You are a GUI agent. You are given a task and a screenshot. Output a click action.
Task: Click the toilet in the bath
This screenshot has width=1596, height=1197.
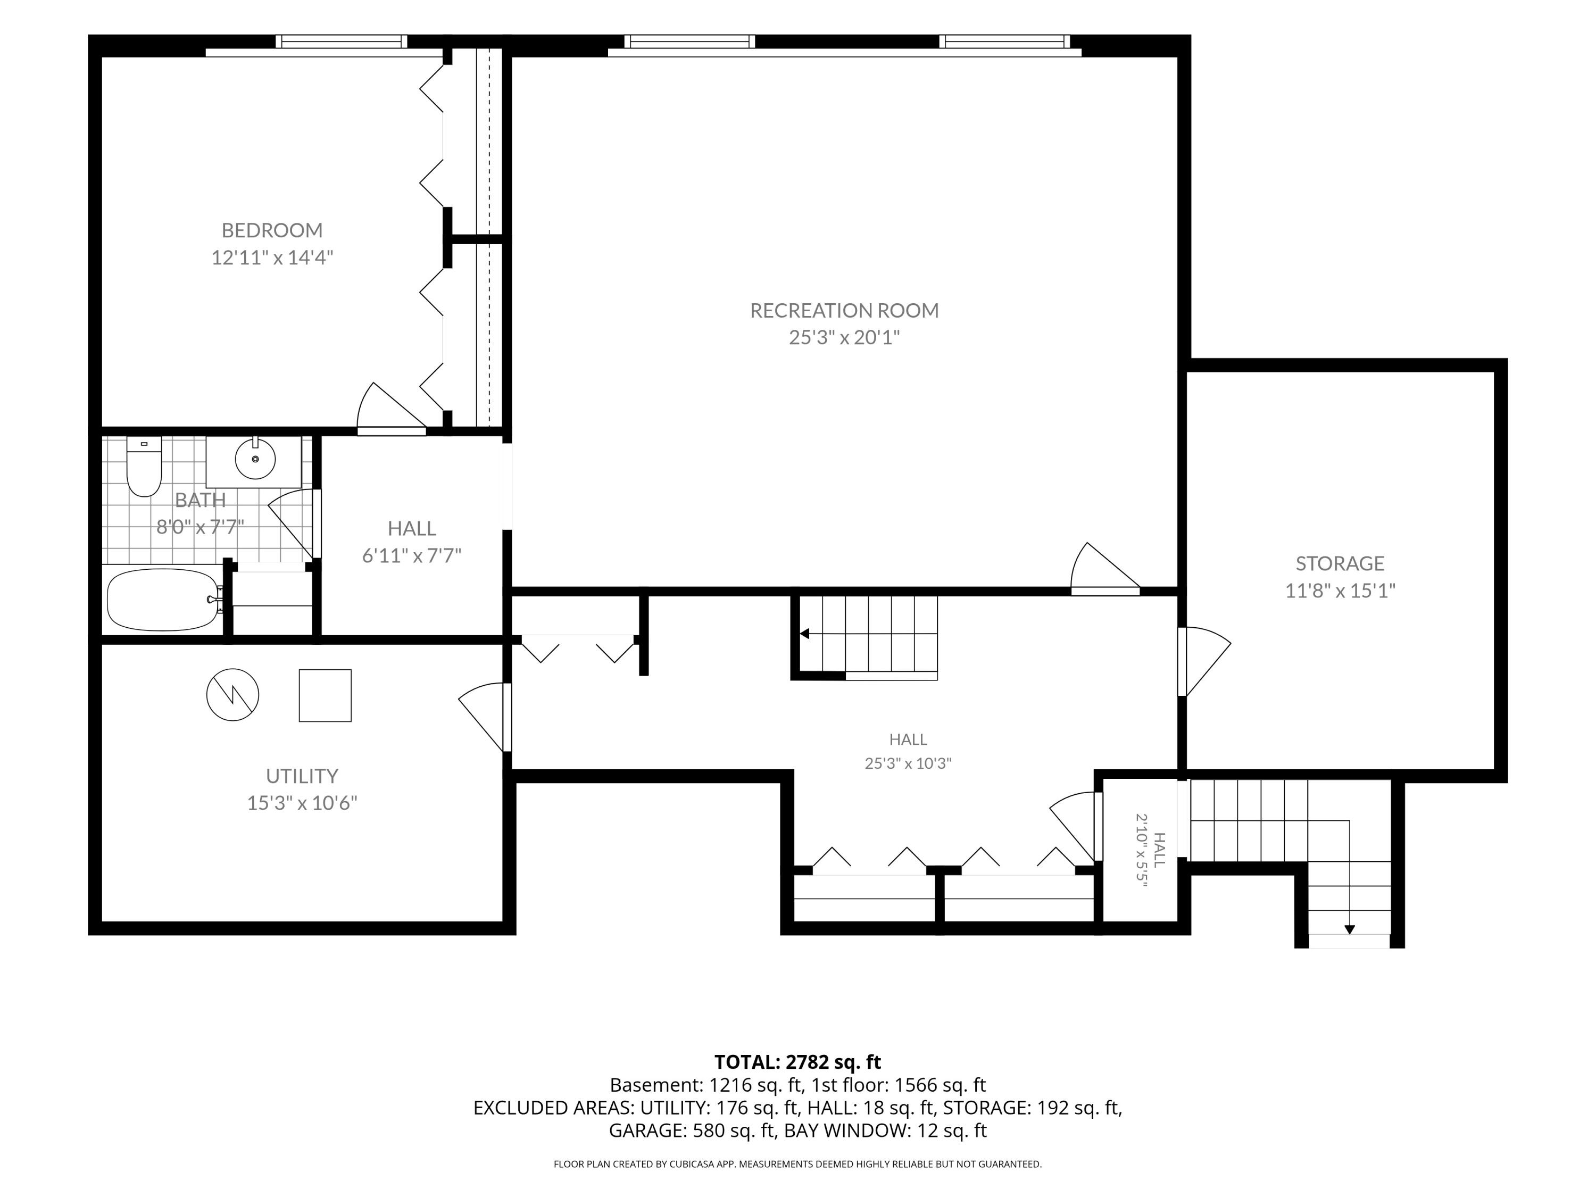click(144, 466)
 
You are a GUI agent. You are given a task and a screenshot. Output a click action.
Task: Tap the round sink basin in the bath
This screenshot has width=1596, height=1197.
click(255, 459)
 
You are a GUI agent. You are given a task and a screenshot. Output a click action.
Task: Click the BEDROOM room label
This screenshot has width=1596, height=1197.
click(272, 230)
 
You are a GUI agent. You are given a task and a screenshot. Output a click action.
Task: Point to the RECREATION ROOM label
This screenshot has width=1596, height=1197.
click(844, 310)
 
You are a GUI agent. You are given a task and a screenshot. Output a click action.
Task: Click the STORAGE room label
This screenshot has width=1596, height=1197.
click(1340, 563)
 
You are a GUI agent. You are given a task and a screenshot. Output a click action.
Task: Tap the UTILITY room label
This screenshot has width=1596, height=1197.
click(302, 776)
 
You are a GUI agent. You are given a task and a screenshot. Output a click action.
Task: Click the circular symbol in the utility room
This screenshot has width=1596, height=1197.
click(232, 695)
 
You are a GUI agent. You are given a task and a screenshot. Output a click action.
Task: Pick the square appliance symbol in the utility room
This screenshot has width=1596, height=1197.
click(326, 695)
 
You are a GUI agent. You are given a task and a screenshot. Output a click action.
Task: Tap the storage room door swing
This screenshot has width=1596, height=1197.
click(1205, 661)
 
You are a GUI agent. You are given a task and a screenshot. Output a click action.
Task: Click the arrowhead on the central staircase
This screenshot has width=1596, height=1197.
click(804, 634)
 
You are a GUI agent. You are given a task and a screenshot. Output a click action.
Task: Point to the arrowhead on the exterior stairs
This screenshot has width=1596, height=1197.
click(1349, 930)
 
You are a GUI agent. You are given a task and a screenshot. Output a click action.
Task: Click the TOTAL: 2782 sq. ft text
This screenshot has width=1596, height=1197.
click(797, 1062)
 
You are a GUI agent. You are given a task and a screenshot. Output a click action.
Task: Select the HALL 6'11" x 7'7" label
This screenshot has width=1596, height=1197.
click(412, 542)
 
